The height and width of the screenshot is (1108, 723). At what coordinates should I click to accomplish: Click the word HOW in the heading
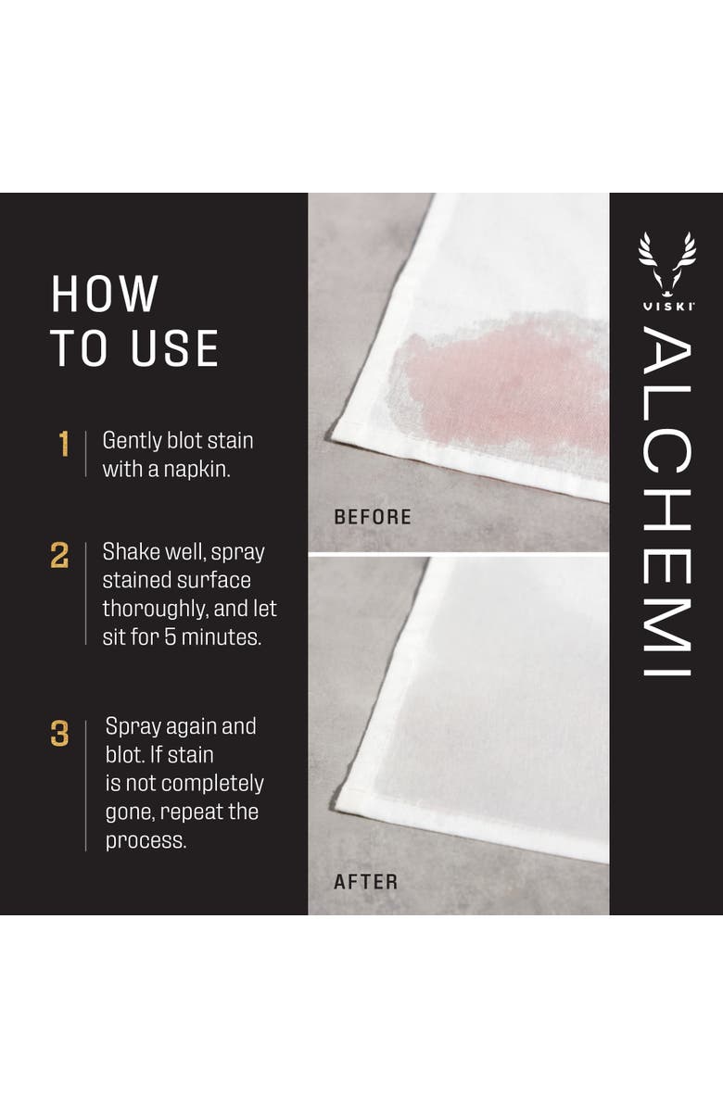click(105, 295)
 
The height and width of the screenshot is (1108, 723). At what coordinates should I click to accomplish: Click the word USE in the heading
click(173, 348)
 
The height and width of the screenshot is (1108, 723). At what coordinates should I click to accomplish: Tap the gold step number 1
click(64, 445)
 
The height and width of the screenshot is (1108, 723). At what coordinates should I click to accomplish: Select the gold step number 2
click(59, 556)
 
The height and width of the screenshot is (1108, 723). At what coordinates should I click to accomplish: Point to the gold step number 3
click(59, 734)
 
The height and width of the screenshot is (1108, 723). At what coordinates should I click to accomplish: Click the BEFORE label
click(372, 517)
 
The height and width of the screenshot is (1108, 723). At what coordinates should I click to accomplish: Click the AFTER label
click(365, 882)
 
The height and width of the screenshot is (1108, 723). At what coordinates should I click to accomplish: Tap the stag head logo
click(666, 258)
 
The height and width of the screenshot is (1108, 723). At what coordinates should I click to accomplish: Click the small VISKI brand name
click(666, 305)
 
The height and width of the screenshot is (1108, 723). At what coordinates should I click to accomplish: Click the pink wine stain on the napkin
click(491, 380)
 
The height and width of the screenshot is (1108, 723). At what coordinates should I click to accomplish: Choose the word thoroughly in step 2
click(154, 610)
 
